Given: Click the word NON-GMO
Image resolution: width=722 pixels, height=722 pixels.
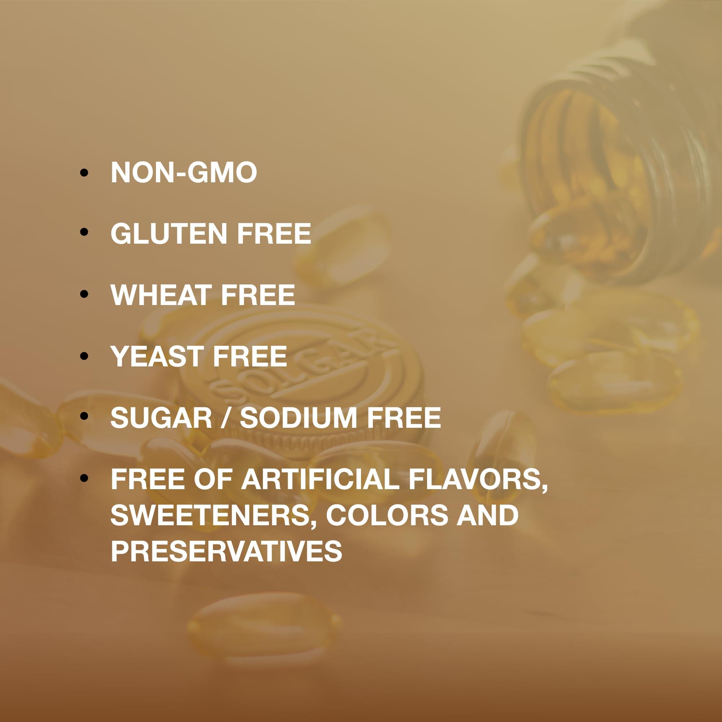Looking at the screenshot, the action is [183, 172].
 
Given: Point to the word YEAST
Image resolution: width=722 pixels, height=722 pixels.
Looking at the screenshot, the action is [157, 356].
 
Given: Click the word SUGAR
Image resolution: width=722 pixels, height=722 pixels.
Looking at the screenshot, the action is [161, 417].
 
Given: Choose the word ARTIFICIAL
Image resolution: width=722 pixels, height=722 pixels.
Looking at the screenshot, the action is [320, 479].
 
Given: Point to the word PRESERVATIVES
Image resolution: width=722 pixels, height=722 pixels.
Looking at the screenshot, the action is [226, 551].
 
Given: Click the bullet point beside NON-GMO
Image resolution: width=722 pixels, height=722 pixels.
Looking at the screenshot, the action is [84, 172].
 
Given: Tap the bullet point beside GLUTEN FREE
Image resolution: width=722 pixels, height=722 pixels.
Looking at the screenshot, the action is [84, 232].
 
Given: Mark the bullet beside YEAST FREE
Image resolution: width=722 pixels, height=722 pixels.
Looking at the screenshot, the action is [84, 355].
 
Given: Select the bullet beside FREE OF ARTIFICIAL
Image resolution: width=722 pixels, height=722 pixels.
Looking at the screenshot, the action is [84, 478].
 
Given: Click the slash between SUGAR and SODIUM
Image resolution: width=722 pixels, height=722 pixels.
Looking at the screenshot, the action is [226, 417].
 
